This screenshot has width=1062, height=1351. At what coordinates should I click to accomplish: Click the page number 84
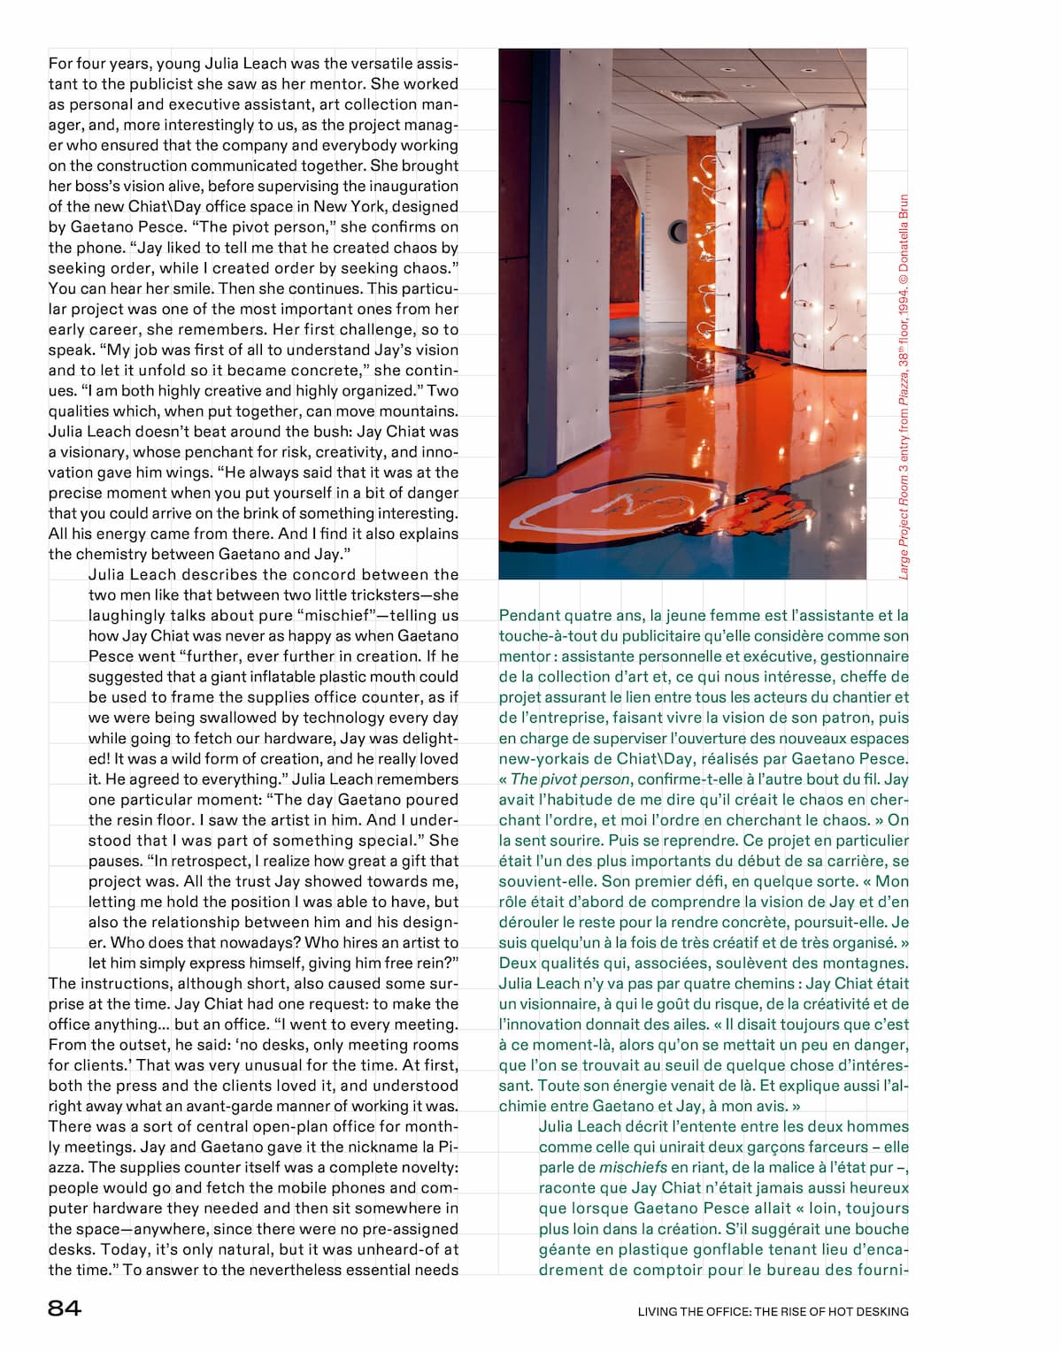click(65, 1309)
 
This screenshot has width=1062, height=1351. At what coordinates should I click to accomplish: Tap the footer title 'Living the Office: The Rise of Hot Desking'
click(773, 1311)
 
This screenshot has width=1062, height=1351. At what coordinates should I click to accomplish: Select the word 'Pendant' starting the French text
click(527, 616)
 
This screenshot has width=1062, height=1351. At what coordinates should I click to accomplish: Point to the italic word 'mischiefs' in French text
click(633, 1168)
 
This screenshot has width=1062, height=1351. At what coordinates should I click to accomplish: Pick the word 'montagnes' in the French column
click(868, 963)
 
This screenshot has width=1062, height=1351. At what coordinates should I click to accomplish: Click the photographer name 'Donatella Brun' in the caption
click(904, 233)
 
